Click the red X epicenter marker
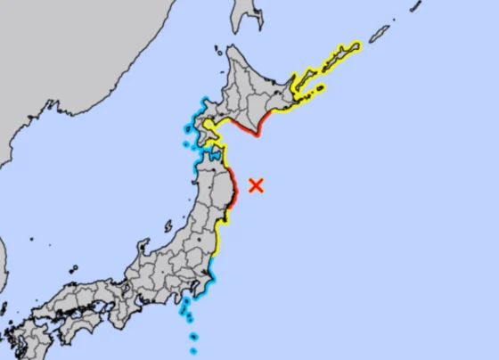click(x=257, y=185)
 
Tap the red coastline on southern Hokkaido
click(x=250, y=130)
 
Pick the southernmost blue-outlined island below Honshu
click(x=193, y=350)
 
